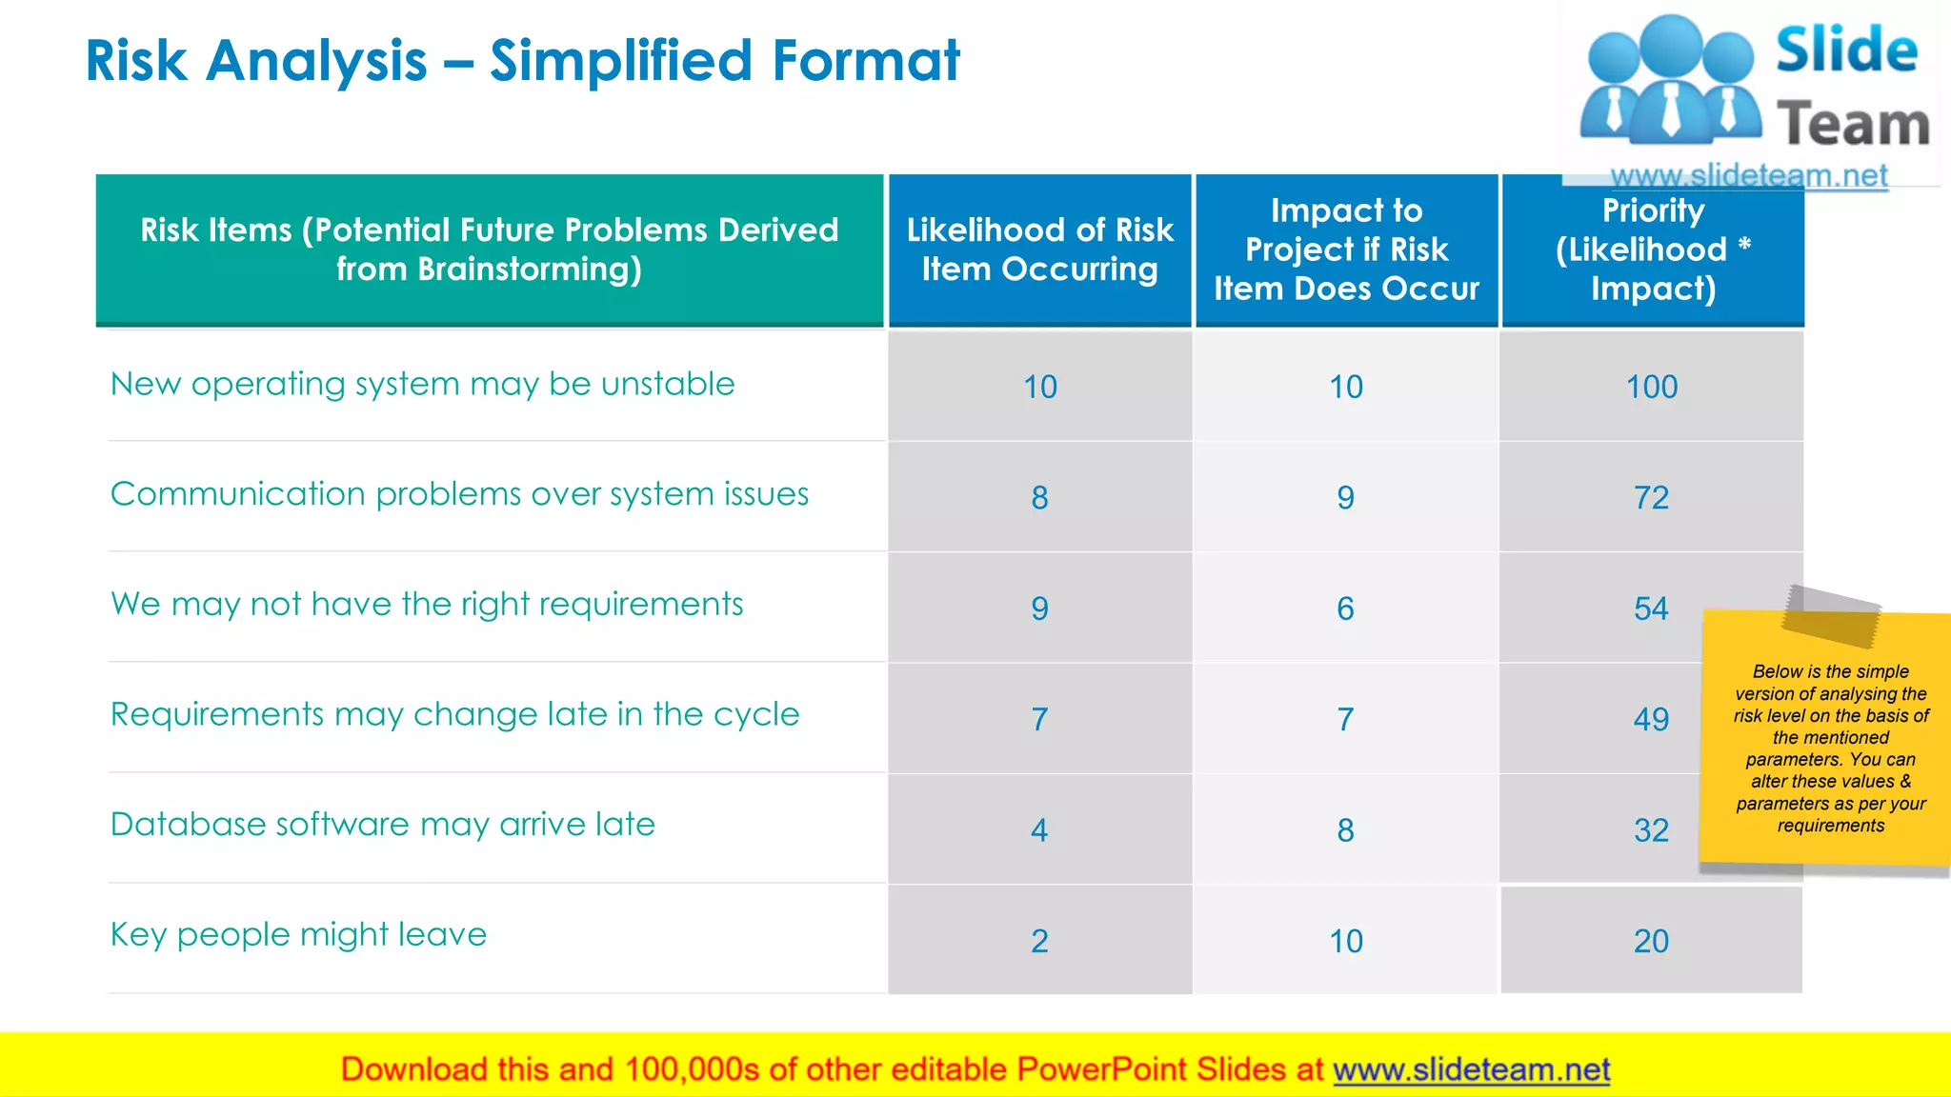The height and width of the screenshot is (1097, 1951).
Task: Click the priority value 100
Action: point(1651,387)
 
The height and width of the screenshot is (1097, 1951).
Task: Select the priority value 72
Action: point(1651,497)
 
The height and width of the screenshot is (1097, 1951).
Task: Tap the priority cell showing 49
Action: point(1651,719)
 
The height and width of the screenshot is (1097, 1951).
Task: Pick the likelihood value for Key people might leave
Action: point(1039,941)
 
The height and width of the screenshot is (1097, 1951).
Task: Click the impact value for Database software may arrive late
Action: point(1345,830)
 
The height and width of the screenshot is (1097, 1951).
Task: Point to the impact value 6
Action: point(1345,608)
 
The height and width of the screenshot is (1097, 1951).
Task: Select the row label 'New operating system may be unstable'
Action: point(422,384)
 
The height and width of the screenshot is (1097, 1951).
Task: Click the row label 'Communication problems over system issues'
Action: point(459,494)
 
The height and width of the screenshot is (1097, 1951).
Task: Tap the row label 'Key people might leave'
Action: point(298,934)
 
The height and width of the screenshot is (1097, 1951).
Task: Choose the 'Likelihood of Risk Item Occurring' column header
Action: point(1039,249)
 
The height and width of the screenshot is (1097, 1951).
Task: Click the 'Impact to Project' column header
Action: point(1346,249)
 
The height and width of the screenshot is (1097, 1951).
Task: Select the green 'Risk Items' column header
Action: point(489,249)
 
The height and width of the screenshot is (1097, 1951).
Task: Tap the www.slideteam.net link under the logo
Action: point(1748,175)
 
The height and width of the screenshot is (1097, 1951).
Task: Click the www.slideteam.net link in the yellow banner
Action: point(1471,1069)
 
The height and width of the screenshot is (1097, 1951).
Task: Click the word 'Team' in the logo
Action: point(1853,125)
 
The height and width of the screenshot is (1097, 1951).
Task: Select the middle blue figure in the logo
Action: point(1671,81)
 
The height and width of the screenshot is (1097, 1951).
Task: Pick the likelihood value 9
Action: point(1039,608)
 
